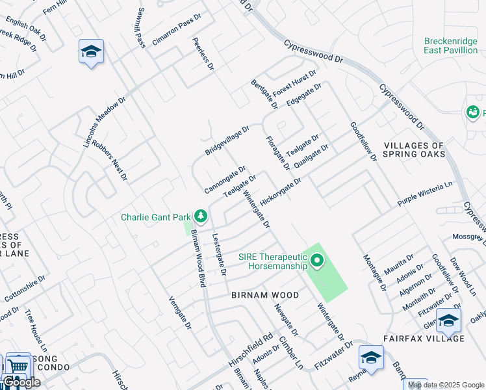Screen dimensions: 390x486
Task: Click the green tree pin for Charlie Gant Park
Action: (x=201, y=215)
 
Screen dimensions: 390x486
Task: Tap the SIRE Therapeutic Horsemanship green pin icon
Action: (x=317, y=261)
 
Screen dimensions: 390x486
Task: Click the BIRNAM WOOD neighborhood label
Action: (x=265, y=295)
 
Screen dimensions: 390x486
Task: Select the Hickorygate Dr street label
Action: (x=281, y=192)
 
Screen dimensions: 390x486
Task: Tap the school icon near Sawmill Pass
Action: (x=91, y=51)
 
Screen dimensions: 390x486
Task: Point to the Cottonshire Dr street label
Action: (x=25, y=289)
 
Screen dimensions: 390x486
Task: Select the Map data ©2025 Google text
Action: (x=446, y=385)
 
